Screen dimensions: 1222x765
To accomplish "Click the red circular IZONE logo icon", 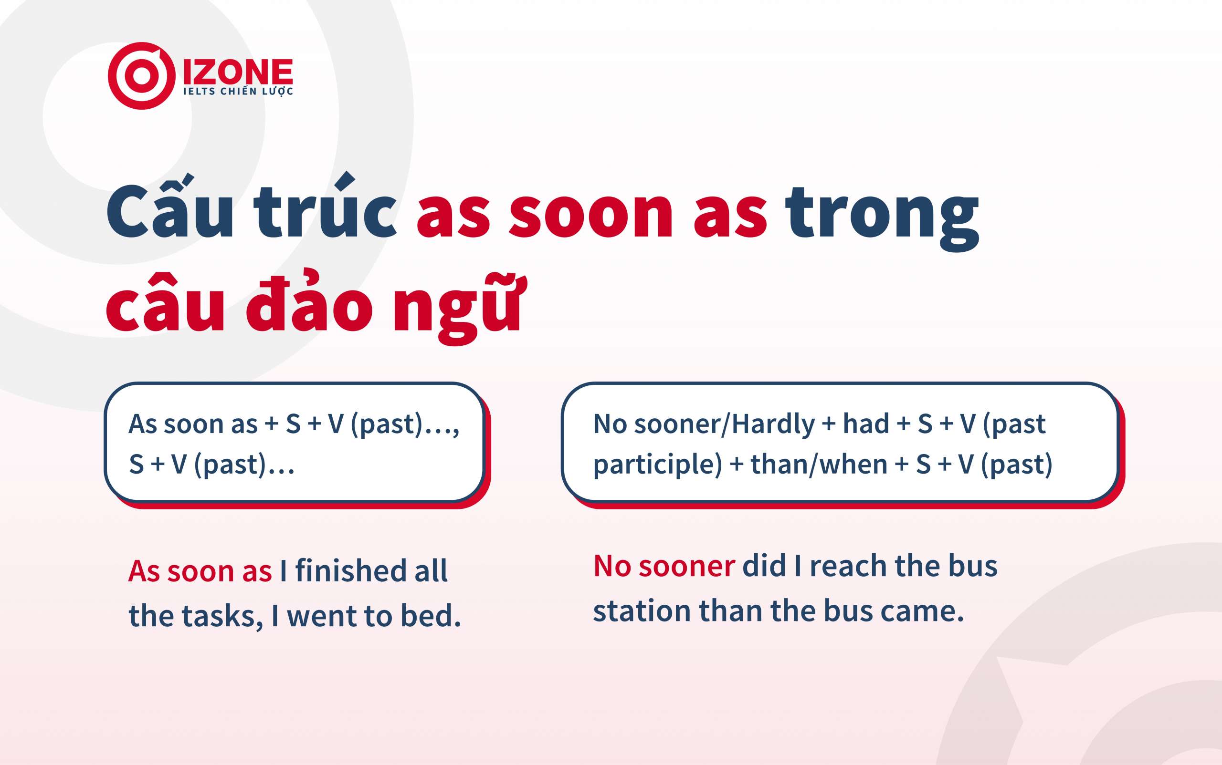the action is [141, 76].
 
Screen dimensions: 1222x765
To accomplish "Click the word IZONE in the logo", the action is [238, 72].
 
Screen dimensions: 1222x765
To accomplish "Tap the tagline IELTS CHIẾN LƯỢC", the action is [238, 92].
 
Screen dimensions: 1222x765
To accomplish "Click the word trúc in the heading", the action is [325, 205].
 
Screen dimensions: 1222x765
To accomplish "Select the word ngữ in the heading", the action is [460, 309].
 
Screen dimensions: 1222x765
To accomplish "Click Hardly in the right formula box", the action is [773, 424].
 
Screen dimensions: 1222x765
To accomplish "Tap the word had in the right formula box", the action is [866, 424].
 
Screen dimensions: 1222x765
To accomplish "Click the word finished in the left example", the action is [351, 571].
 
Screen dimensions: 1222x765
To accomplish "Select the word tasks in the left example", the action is [222, 617].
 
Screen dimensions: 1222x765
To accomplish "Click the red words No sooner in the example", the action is [664, 566].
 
